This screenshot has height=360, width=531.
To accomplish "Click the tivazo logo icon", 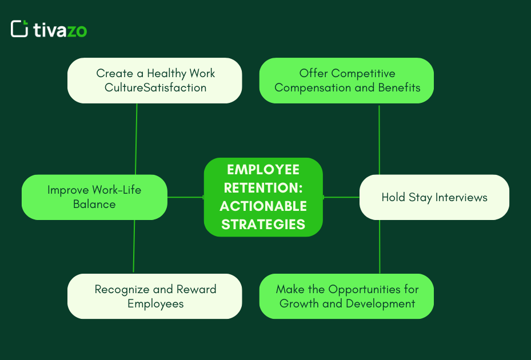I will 19,29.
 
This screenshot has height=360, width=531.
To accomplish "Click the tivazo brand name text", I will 60,30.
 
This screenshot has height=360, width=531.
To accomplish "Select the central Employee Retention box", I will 263,197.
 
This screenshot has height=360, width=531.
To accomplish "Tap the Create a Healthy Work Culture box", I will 155,81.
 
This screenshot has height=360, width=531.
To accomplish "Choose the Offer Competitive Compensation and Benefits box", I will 346,81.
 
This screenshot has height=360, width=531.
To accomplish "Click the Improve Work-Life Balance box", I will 94,197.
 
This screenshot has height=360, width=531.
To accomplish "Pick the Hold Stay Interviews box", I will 434,197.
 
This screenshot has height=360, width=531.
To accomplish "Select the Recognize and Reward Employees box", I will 155,296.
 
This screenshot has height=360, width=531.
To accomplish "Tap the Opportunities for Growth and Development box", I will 346,296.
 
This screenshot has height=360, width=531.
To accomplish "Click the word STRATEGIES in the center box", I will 263,225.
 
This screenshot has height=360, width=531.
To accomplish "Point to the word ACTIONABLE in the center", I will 263,206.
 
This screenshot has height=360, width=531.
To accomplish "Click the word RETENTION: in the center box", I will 263,188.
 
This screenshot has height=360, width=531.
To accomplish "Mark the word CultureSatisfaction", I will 155,88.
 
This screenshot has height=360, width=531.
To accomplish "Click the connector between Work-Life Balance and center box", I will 185,197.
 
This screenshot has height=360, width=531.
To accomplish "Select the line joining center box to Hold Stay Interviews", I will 341,197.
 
